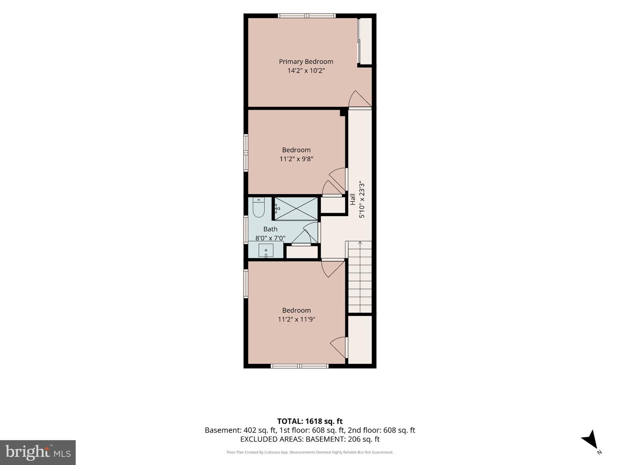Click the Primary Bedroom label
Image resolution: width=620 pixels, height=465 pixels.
pos(306,62)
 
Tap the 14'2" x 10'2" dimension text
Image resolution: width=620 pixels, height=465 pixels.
pos(306,71)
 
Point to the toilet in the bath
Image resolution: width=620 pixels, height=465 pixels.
pos(258,207)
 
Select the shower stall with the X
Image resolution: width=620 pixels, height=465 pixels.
pos(296,208)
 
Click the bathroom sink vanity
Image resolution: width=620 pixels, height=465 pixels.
pos(266,251)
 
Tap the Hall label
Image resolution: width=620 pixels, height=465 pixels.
pos(353,199)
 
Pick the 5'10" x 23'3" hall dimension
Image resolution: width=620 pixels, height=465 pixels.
pos(362,200)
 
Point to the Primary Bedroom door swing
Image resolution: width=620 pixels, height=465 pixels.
pos(360,99)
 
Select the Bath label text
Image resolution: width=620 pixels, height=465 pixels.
pos(270,229)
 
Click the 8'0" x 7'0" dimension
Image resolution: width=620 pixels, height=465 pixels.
pos(270,238)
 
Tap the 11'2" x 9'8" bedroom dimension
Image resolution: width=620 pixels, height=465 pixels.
pos(296,159)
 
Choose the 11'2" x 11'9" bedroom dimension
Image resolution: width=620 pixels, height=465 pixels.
pos(296,319)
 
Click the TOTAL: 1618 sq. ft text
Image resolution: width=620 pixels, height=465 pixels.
pos(310,421)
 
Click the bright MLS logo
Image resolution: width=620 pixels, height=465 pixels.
pos(38,453)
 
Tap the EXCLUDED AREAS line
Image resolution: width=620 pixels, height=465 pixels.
pos(310,439)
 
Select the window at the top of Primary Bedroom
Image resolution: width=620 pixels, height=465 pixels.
pos(307,16)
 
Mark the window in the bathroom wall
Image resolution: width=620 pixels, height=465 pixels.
pos(246,229)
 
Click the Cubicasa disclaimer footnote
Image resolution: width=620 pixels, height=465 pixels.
pos(310,452)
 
